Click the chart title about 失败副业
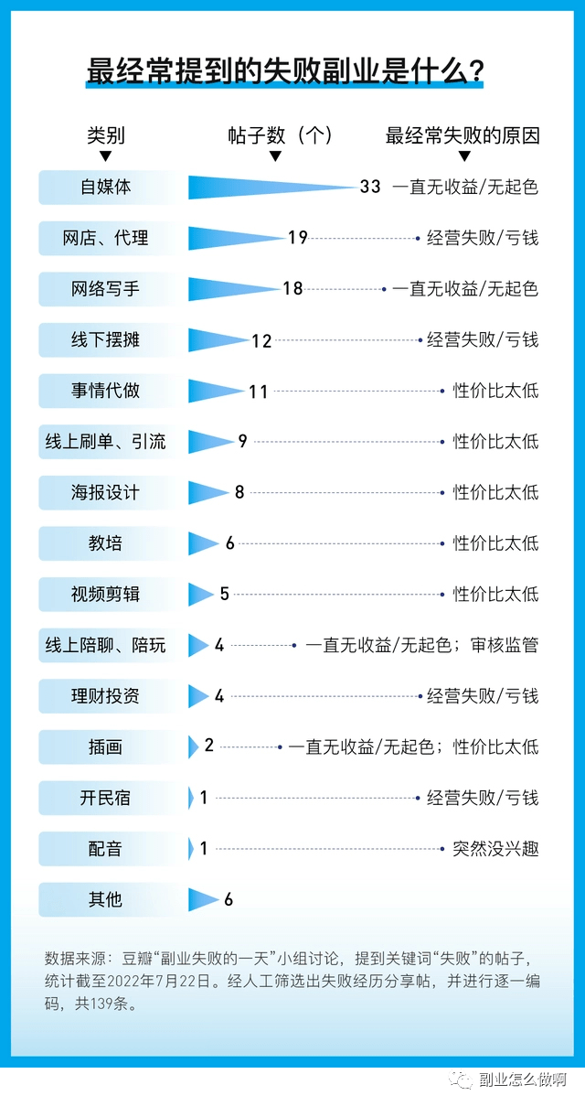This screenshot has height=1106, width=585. click(x=284, y=70)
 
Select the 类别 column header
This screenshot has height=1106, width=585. click(x=106, y=136)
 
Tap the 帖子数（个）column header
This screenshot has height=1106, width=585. click(x=280, y=136)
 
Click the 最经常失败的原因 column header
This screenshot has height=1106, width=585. click(x=463, y=136)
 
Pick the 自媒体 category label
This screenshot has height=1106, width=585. click(x=106, y=187)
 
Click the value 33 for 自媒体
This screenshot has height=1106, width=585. click(x=370, y=187)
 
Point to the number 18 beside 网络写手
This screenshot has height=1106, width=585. click(x=292, y=289)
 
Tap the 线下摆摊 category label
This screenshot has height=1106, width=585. click(x=106, y=340)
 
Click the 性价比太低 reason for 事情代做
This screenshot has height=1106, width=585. click(x=495, y=392)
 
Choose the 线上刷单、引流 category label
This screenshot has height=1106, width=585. click(x=106, y=442)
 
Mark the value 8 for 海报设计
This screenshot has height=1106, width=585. click(x=239, y=493)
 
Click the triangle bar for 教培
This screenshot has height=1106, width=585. click(x=203, y=543)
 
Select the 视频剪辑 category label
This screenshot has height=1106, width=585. click(x=106, y=595)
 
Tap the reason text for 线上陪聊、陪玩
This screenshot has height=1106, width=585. click(x=421, y=646)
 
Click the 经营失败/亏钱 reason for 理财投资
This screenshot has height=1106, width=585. click(x=483, y=696)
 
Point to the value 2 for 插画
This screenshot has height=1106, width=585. click(x=209, y=746)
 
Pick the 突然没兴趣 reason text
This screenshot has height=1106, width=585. click(x=495, y=849)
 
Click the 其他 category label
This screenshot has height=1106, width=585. click(x=106, y=900)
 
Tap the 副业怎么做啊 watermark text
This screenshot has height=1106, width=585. click(x=524, y=1080)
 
